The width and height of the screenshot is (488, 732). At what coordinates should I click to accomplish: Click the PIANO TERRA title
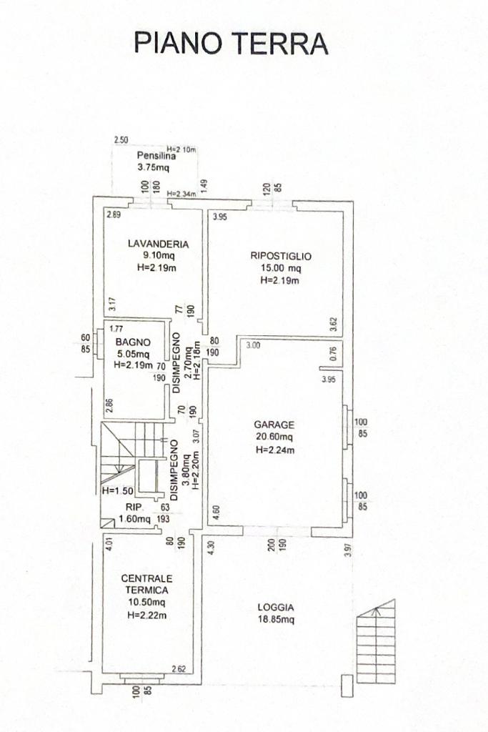(231, 44)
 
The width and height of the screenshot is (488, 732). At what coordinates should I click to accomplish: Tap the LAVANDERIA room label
(158, 244)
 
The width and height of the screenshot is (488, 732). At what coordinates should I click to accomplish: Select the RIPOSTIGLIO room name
(280, 256)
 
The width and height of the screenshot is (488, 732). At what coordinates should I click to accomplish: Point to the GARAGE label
(274, 425)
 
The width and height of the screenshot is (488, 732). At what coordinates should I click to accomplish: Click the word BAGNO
(133, 342)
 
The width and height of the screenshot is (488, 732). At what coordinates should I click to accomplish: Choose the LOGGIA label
(276, 608)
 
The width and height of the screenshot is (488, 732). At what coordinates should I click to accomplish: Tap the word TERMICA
(146, 590)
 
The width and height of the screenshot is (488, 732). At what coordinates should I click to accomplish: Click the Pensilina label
(156, 156)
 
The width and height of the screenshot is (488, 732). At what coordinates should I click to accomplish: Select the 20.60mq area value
(274, 437)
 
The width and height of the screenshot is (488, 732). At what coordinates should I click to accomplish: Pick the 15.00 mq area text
(280, 268)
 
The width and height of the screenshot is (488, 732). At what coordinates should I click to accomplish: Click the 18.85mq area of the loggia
(276, 620)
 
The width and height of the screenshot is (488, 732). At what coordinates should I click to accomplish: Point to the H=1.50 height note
(118, 490)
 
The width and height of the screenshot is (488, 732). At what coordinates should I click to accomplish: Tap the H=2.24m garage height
(275, 450)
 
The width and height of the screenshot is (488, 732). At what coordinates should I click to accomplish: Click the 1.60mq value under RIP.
(134, 519)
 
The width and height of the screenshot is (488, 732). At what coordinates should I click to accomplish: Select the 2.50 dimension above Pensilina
(121, 140)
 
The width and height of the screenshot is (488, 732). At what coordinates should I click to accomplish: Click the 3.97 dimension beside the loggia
(347, 550)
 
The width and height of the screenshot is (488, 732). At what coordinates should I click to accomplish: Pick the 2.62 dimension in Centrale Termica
(179, 669)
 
